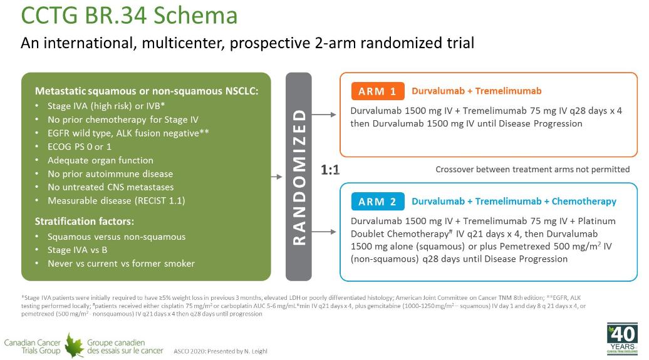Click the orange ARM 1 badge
[378, 91]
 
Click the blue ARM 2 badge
[378, 202]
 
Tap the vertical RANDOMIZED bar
[298, 177]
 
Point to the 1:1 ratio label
[330, 170]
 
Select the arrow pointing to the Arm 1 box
[324, 115]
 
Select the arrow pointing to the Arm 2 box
[324, 232]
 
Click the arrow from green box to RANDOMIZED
[276, 177]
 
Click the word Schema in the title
[195, 15]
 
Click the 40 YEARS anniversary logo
[622, 339]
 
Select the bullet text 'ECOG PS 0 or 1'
[80, 147]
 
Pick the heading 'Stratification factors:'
[85, 222]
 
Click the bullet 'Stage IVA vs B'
[78, 250]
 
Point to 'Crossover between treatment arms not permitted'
[532, 169]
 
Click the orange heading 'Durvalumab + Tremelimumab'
[476, 91]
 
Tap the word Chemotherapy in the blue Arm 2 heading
[584, 202]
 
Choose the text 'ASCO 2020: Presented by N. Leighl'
[221, 351]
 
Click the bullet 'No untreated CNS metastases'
[110, 187]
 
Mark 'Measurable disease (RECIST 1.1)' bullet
[117, 201]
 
